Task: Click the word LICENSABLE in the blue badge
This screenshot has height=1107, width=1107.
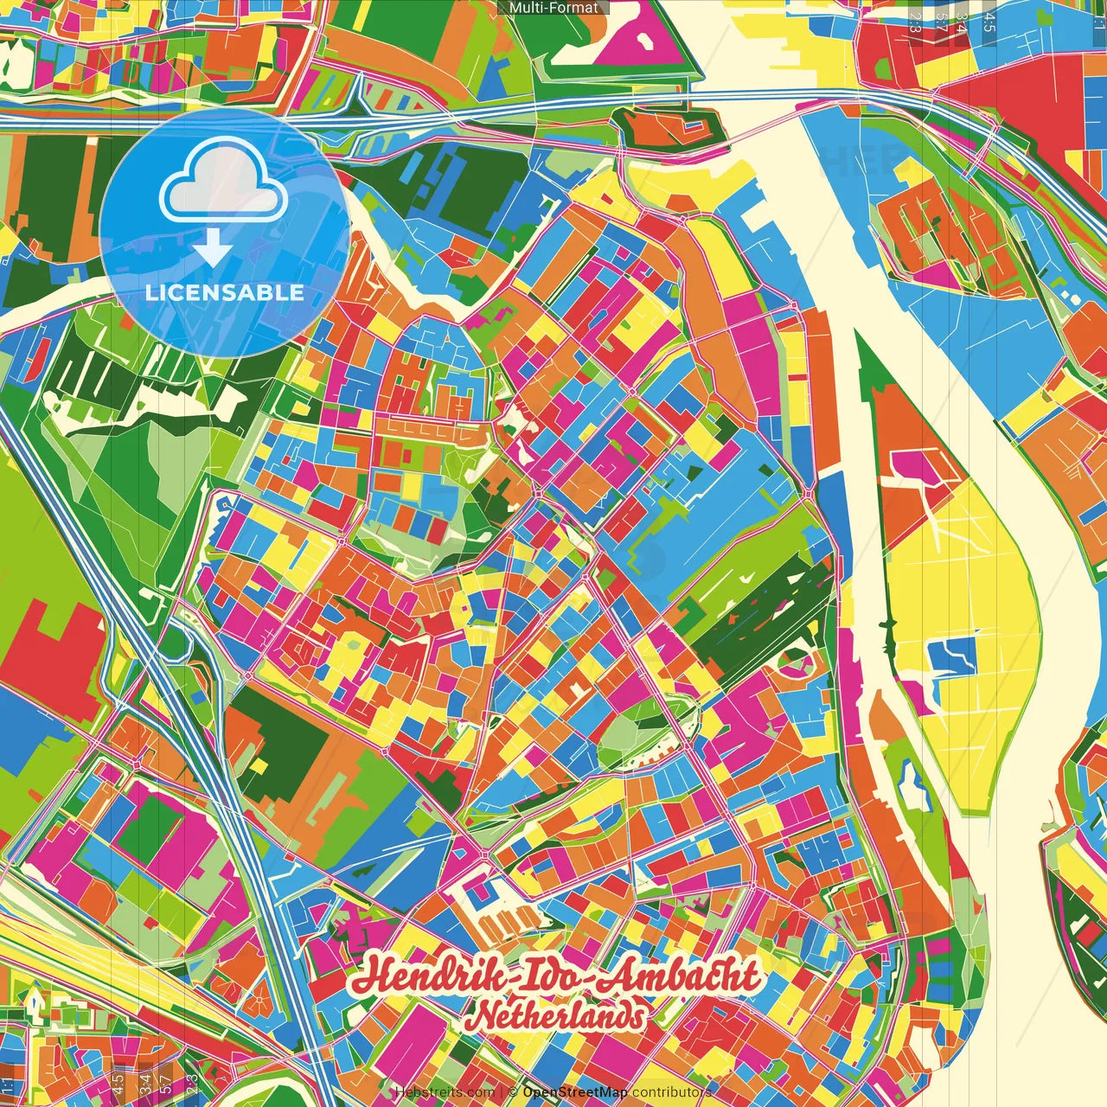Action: [x=224, y=292]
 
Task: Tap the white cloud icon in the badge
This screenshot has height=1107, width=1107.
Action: [x=224, y=183]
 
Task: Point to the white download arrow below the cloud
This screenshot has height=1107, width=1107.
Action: [x=213, y=249]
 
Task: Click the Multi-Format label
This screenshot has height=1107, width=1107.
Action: [x=553, y=8]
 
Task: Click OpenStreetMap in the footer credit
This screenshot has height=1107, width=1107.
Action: [x=575, y=1092]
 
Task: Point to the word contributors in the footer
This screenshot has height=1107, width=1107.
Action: [x=672, y=1092]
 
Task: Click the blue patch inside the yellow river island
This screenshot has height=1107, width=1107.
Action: [x=951, y=655]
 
